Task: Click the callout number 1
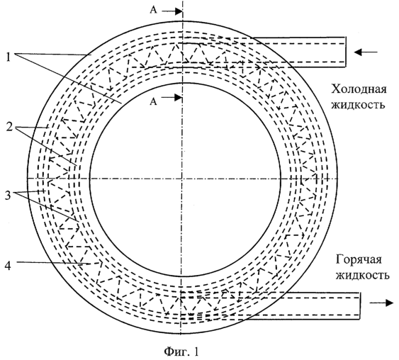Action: (9, 57)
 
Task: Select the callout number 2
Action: (9, 127)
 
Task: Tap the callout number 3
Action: (9, 196)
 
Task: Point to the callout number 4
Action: (8, 266)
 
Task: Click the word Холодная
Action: (359, 89)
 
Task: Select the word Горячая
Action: (359, 260)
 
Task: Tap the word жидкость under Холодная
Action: (358, 104)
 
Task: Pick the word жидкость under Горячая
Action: (362, 275)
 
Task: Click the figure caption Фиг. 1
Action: (181, 352)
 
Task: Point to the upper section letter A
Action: (153, 11)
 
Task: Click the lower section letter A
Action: (153, 102)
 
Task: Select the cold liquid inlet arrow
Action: (366, 52)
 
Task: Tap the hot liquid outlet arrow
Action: (381, 303)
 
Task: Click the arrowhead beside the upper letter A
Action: (178, 11)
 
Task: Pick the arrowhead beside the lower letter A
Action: (178, 97)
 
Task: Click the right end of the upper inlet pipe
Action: (346, 52)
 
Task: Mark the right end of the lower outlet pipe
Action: (360, 306)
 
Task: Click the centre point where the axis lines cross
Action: (182, 179)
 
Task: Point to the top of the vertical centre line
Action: (183, 1)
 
